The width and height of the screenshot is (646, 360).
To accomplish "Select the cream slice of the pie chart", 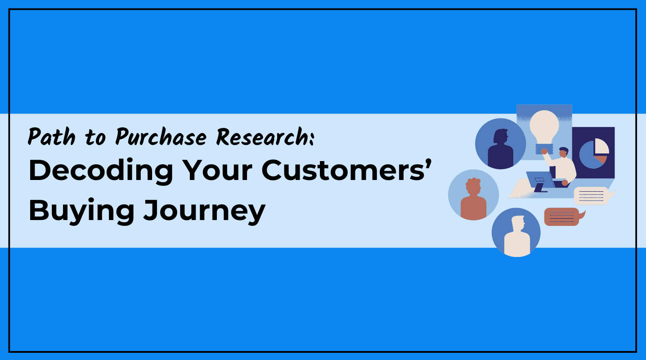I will pyautogui.click(x=601, y=147).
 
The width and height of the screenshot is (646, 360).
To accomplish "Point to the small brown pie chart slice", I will pyautogui.click(x=601, y=159).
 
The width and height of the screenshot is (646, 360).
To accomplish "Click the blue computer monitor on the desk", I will pyautogui.click(x=539, y=180).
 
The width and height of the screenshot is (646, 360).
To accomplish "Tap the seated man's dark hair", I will pyautogui.click(x=564, y=150).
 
